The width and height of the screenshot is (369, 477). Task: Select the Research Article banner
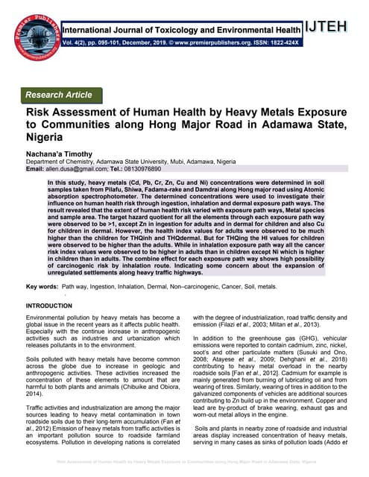[x=59, y=95]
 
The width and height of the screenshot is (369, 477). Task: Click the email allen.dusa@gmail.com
[x=81, y=169]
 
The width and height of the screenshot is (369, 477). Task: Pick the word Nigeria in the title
[x=50, y=139]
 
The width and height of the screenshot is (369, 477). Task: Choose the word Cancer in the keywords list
[x=224, y=286]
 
